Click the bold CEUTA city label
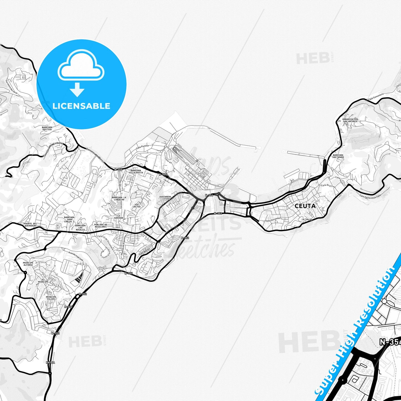coord(305,206)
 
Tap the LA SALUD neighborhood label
coord(307,220)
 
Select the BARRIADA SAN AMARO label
coord(338,156)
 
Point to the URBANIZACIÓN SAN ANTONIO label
coord(350,120)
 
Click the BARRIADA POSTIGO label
coord(47,128)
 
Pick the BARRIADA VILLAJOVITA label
coord(136,172)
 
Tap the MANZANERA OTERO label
coord(165,198)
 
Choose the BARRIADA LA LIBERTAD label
coord(119,198)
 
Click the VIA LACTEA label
coord(137,206)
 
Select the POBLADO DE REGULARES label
coord(100,226)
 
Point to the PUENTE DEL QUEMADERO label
coord(30,225)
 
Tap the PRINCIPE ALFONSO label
coord(28,264)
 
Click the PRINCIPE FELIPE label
coord(51,298)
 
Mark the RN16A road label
coord(51,362)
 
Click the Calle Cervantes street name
coord(273,220)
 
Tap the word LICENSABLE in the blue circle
coord(81,106)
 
